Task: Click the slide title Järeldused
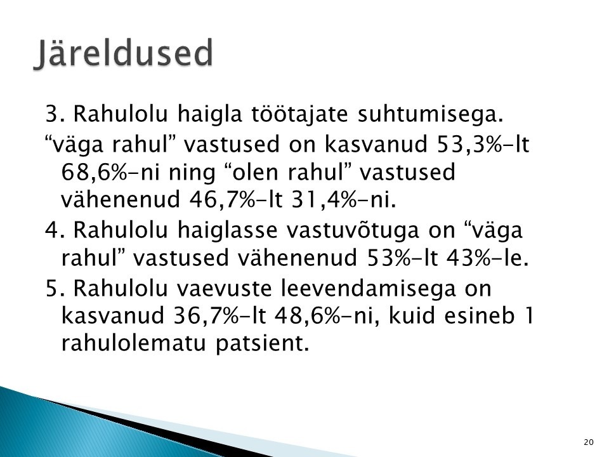[x=124, y=53]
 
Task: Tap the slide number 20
[x=589, y=442]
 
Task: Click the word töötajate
[x=299, y=114]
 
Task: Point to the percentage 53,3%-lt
[x=483, y=144]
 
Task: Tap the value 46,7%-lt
[x=236, y=200]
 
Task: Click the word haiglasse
[x=228, y=230]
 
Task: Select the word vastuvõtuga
[x=353, y=230]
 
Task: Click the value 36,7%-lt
[x=219, y=315]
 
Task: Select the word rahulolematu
[x=133, y=343]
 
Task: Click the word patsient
[x=262, y=343]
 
